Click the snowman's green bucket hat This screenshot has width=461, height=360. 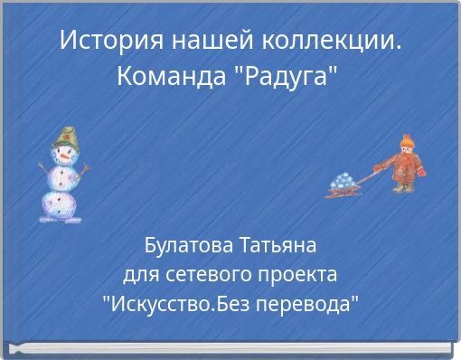pos(64,138)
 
